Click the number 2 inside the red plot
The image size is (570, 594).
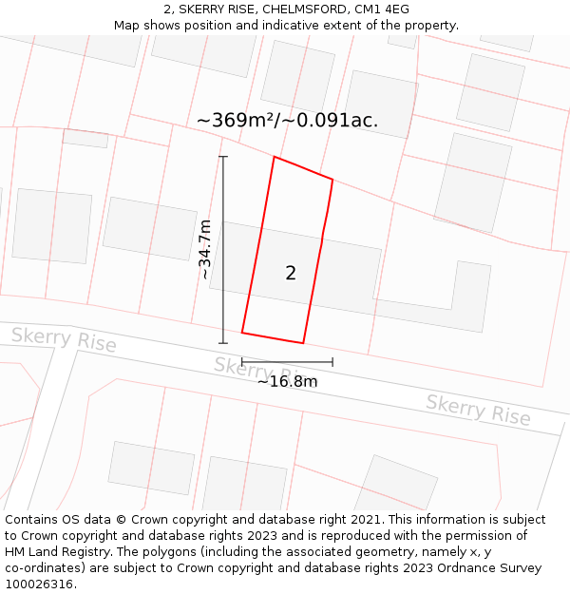pyautogui.click(x=291, y=274)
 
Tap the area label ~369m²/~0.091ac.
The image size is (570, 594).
pyautogui.click(x=287, y=121)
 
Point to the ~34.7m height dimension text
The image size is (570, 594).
pyautogui.click(x=205, y=249)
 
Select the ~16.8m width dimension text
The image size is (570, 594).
pyautogui.click(x=287, y=382)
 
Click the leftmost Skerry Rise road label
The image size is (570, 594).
pyautogui.click(x=64, y=339)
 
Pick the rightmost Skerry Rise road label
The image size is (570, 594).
pyautogui.click(x=478, y=410)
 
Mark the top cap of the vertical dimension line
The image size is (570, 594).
pyautogui.click(x=223, y=157)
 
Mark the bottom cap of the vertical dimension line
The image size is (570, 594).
pyautogui.click(x=223, y=343)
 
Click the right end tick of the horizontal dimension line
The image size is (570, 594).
pyautogui.click(x=332, y=362)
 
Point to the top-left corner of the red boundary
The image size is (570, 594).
pyautogui.click(x=275, y=157)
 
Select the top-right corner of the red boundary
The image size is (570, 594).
pyautogui.click(x=332, y=179)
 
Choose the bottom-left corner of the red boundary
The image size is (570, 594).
pyautogui.click(x=242, y=333)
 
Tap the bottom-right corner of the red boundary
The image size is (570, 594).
pyautogui.click(x=303, y=343)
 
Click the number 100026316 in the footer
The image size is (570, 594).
pyautogui.click(x=38, y=584)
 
